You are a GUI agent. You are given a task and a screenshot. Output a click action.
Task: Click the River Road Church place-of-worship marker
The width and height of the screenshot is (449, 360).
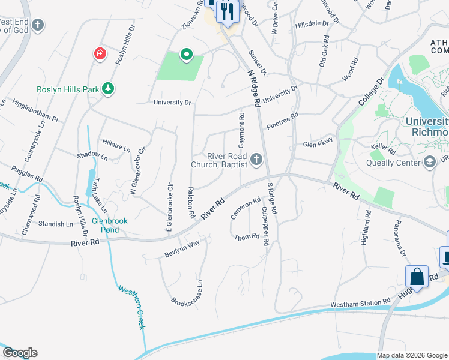click(x=256, y=159)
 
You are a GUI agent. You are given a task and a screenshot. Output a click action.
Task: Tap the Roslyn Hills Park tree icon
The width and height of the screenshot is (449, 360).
click(x=108, y=89)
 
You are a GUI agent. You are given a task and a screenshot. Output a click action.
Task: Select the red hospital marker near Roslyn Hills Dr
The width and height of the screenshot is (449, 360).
click(x=100, y=55)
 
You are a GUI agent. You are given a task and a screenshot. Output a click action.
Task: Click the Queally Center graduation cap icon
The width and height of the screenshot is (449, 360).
click(x=430, y=161)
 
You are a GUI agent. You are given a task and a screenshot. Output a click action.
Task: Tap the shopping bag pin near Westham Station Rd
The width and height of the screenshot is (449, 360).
click(x=417, y=277)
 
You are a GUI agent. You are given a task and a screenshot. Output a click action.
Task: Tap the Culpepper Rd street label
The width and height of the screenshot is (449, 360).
click(x=265, y=226)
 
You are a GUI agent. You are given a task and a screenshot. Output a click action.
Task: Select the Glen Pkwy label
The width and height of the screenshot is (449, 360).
click(x=318, y=144)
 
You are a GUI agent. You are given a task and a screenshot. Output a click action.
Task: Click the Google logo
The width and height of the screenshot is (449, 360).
click(x=20, y=353)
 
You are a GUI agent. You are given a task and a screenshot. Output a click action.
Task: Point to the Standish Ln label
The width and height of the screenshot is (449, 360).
click(x=55, y=224)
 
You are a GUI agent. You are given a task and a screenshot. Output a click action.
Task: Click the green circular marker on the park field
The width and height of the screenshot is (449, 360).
click(x=187, y=55)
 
